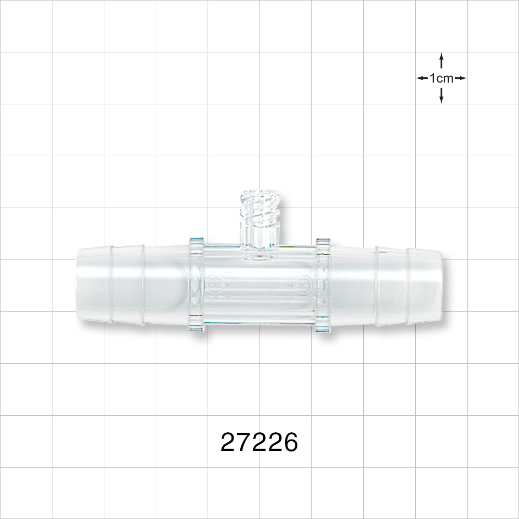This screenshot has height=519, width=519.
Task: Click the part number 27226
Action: [259, 443]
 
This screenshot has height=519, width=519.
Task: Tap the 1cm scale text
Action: [441, 78]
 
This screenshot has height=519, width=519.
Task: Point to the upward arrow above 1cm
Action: [441, 61]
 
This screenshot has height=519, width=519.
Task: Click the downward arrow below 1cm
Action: [441, 95]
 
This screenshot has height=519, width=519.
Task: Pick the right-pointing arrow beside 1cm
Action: [461, 78]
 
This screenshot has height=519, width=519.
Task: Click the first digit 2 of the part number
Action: [228, 443]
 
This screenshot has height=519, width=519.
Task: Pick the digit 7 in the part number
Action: [244, 443]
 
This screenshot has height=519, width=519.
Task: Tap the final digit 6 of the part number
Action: [290, 443]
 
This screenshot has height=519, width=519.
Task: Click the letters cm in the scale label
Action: [446, 78]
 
